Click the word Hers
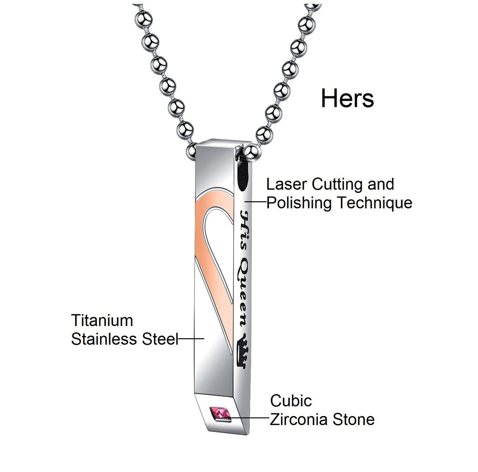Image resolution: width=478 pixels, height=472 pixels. pyautogui.click(x=347, y=98)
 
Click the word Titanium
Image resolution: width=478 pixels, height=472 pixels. pyautogui.click(x=102, y=321)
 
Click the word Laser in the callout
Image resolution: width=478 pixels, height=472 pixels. pyautogui.click(x=286, y=185)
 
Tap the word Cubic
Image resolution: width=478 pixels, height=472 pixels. pyautogui.click(x=291, y=401)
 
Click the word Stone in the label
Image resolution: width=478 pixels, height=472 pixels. pyautogui.click(x=353, y=419)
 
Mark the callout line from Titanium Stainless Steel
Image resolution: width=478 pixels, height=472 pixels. pyautogui.click(x=191, y=338)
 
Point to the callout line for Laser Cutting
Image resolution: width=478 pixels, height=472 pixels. pyautogui.click(x=255, y=201)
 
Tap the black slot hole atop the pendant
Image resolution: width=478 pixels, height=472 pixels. pyautogui.click(x=243, y=175)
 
